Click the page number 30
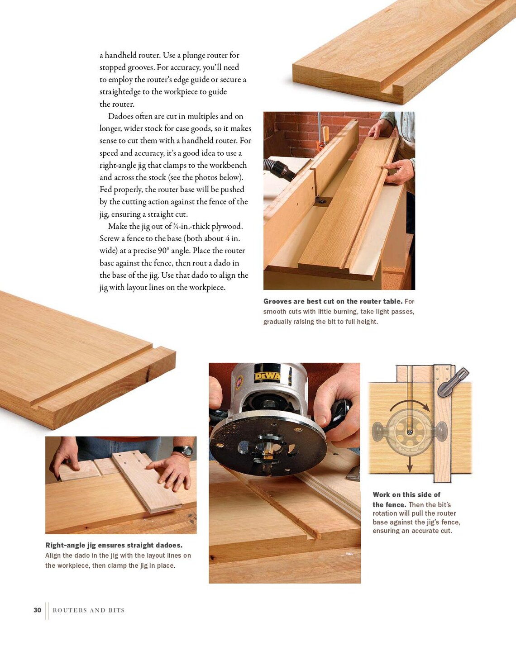37,610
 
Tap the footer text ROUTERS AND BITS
88,610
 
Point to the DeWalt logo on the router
267,375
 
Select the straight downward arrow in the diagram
410,461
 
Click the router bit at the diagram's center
410,432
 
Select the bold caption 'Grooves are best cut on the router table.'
333,301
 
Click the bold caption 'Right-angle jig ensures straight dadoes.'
114,545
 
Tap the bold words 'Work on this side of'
406,494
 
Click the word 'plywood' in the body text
226,226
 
